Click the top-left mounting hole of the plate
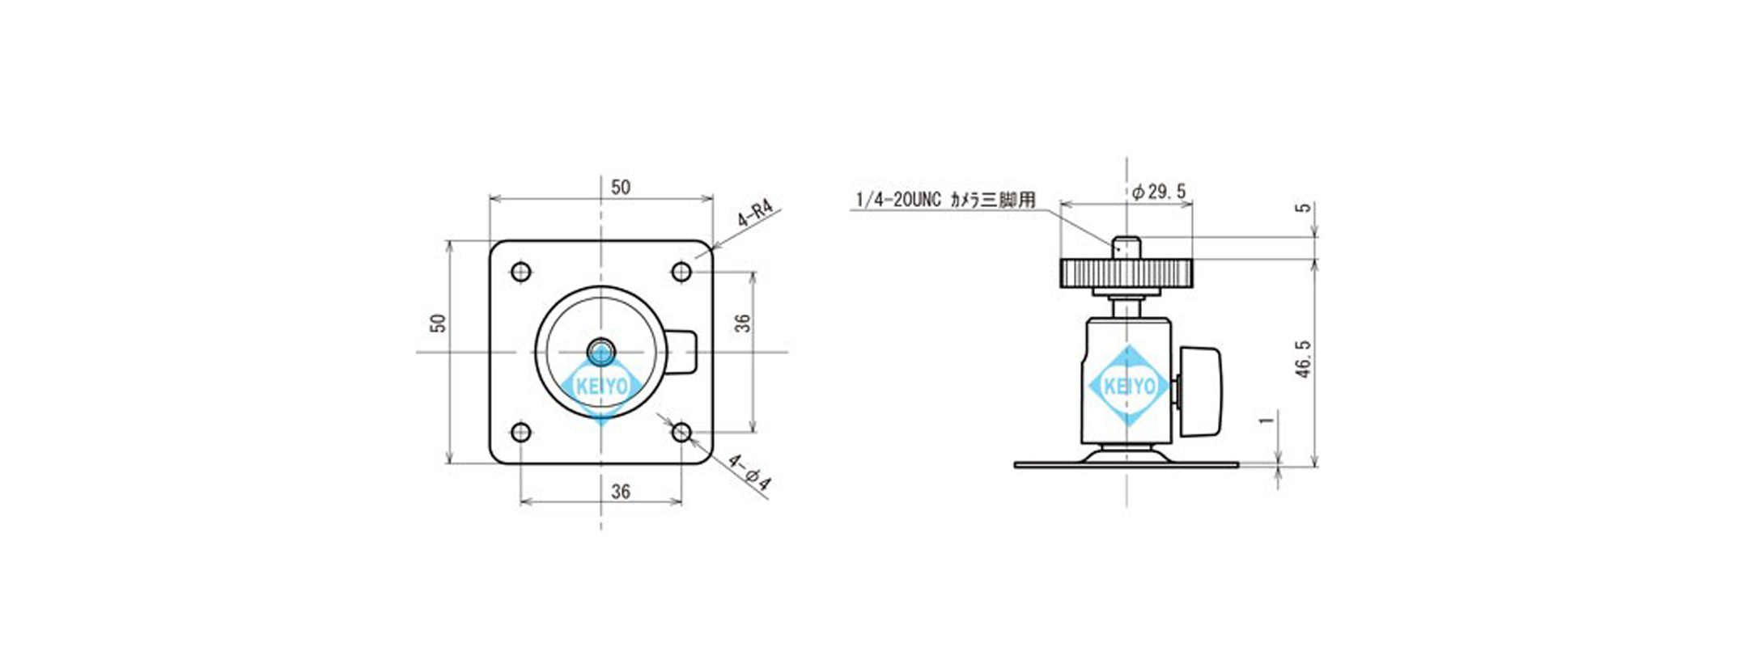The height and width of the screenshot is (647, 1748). [x=522, y=271]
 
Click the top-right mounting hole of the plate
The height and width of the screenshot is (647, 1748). [x=682, y=271]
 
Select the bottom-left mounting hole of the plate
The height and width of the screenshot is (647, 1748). [x=522, y=432]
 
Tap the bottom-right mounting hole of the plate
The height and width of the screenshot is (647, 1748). [x=682, y=432]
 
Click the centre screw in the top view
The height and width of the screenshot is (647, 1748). [x=601, y=352]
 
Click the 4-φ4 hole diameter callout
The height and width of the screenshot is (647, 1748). [x=749, y=473]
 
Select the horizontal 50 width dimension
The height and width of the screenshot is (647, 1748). [x=621, y=188]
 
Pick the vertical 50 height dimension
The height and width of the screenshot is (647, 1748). [x=438, y=323]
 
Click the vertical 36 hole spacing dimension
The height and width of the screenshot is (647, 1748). [x=743, y=323]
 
